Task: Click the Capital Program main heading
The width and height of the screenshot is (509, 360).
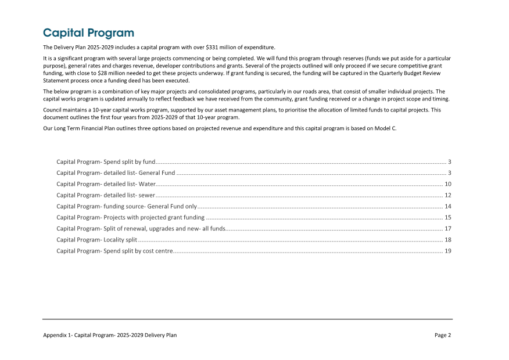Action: pyautogui.click(x=88, y=33)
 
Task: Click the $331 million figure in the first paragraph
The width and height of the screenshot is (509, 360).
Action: pyautogui.click(x=218, y=47)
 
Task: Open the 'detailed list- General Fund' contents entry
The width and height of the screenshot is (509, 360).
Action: pyautogui.click(x=116, y=172)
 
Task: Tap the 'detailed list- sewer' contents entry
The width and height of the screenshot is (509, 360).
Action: pyautogui.click(x=105, y=195)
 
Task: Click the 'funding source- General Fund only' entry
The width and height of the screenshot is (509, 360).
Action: pyautogui.click(x=127, y=206)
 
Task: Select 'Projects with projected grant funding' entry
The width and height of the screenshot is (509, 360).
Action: pyautogui.click(x=130, y=217)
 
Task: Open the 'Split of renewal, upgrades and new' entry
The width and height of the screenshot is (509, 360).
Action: pyautogui.click(x=141, y=229)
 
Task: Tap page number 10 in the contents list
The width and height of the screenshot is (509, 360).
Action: pyautogui.click(x=448, y=183)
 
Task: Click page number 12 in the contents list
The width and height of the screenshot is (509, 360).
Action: pyautogui.click(x=448, y=195)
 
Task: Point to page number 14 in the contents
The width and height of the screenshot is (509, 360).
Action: pyautogui.click(x=448, y=206)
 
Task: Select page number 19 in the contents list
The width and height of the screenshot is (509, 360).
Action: pyautogui.click(x=448, y=251)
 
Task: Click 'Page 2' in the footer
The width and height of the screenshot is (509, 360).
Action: pyautogui.click(x=443, y=335)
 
